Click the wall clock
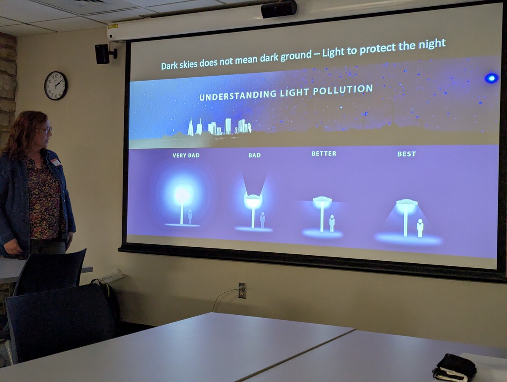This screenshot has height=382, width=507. (x=56, y=85)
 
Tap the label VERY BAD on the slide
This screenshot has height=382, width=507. (x=186, y=156)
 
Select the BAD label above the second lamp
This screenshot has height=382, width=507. (x=254, y=155)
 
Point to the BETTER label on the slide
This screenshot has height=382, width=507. (x=324, y=153)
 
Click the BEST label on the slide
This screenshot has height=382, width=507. (x=406, y=154)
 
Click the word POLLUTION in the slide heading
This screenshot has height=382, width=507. (x=343, y=90)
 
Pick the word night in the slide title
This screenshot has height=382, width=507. (x=432, y=44)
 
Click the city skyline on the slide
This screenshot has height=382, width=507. (x=219, y=127)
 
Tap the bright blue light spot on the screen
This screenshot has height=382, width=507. (x=491, y=79)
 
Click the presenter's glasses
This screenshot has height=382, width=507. (x=45, y=130)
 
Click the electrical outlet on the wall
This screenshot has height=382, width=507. (x=242, y=290)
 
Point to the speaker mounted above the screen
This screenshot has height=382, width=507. (x=279, y=9)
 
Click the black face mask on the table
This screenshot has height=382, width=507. (x=455, y=366)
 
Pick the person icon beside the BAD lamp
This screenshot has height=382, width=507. (x=262, y=220)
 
